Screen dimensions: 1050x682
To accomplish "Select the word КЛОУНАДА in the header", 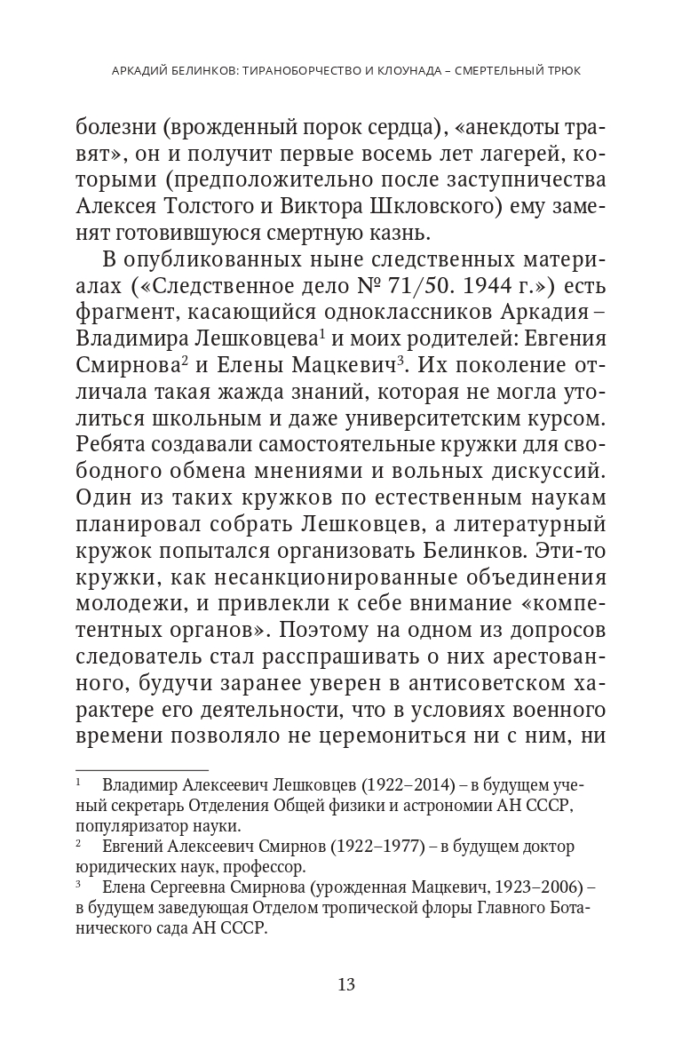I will tap(407, 70).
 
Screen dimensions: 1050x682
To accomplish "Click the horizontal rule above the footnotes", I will tap(141, 769).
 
